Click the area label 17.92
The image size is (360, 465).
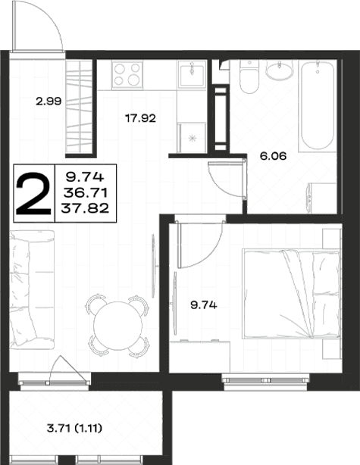point(140,119)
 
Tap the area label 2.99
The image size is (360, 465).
point(49,101)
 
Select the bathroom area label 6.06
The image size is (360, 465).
point(273,156)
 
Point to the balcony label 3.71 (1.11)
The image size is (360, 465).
point(74,428)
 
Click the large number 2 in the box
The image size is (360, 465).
point(33,194)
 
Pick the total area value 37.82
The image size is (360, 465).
point(85,208)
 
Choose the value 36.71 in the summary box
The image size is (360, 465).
point(85,193)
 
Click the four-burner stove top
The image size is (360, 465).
point(127,75)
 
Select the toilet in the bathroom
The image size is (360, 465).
point(249,76)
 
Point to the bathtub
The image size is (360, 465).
point(318,105)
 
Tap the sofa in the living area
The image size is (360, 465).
point(32,289)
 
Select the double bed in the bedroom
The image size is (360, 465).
point(291,294)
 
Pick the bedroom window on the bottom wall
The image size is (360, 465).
point(265,381)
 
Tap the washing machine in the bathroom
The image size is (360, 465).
point(321,198)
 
